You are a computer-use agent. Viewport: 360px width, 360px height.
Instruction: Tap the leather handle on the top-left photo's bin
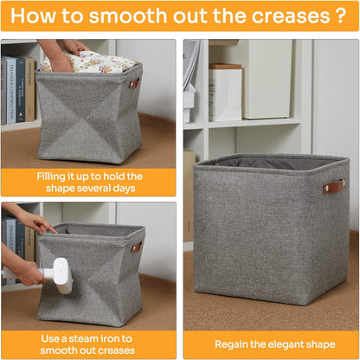coord(134,84)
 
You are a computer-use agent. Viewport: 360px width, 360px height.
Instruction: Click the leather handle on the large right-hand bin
coord(334,186)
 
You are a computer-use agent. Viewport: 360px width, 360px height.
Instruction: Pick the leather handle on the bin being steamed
coord(136,247)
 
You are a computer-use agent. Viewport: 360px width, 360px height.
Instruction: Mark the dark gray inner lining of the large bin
coord(260,162)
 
